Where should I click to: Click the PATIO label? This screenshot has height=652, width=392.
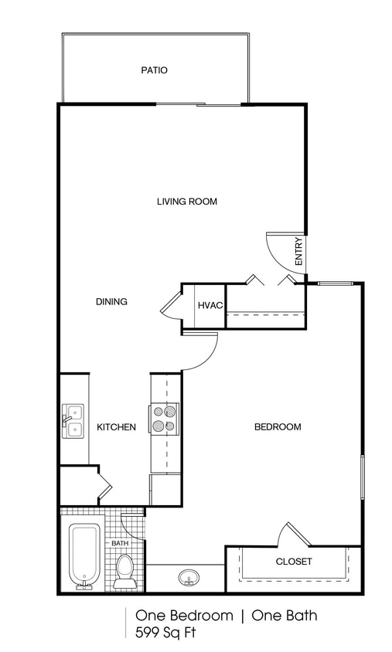pos(154,70)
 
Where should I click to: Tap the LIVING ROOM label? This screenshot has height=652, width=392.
pos(186,202)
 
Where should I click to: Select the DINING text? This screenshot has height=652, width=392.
pos(111,301)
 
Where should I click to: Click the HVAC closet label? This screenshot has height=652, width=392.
pos(210,305)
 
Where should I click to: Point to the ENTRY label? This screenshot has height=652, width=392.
pos(298,250)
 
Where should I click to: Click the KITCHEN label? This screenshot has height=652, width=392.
pos(116,427)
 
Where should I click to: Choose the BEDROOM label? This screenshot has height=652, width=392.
pos(278,426)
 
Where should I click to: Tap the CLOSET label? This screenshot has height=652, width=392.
pos(293,562)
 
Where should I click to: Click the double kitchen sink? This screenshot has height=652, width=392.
pos(73,421)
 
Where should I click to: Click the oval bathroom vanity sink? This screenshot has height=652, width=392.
pos(187,576)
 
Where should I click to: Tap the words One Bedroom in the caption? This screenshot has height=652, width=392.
pos(184,616)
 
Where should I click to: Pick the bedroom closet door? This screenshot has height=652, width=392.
pos(296,534)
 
